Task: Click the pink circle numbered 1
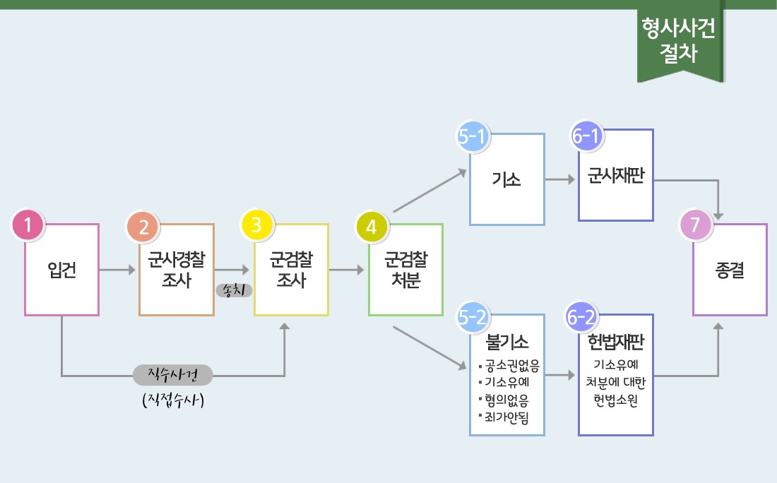tap(28, 225)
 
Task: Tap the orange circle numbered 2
tap(143, 227)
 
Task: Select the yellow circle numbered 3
tap(256, 225)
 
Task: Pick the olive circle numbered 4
tap(372, 227)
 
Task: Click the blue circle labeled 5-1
tap(472, 136)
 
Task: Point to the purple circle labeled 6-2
tap(581, 317)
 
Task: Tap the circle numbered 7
tap(695, 225)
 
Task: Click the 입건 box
tap(62, 270)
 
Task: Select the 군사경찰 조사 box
tap(177, 270)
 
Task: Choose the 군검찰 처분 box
tap(406, 270)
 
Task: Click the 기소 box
tap(507, 179)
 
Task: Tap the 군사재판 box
tap(616, 175)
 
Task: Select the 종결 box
tap(730, 270)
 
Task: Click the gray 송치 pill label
tap(234, 290)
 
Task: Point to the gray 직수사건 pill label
tap(173, 375)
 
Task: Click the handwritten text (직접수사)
tap(173, 400)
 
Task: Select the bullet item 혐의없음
tap(504, 400)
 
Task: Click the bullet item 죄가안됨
tap(504, 417)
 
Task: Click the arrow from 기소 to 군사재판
tap(560, 179)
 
